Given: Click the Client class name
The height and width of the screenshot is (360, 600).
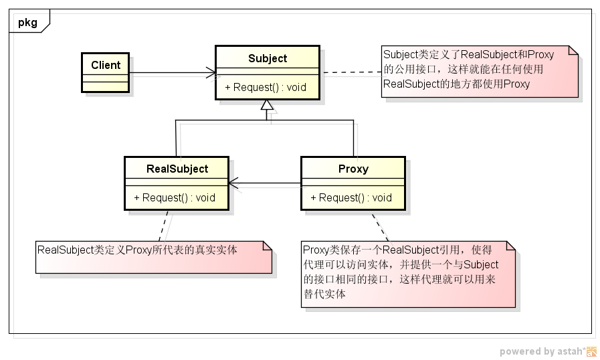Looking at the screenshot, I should click(106, 65).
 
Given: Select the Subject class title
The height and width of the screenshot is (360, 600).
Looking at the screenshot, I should click(268, 58).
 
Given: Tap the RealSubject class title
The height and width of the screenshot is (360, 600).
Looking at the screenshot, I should click(177, 169).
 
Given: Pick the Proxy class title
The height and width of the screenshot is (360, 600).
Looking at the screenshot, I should click(353, 169).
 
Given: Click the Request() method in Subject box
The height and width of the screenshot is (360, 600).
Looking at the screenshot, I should click(266, 87).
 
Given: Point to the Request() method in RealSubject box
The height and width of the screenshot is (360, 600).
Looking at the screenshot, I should click(175, 197).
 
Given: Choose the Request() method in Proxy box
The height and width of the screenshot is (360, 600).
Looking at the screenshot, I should click(351, 197).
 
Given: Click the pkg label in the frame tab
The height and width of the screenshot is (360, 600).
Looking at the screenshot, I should click(27, 22).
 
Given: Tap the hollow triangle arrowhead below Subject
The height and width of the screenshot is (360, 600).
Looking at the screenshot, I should click(268, 105).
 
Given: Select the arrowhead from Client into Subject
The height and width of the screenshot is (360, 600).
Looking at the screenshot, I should click(211, 72).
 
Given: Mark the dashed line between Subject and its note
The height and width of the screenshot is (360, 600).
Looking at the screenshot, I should click(351, 72).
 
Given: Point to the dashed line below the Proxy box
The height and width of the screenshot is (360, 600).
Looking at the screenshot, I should click(380, 226).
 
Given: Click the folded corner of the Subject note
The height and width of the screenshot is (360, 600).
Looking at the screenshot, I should click(573, 50).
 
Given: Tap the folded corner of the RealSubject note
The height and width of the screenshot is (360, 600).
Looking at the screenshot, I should click(266, 246).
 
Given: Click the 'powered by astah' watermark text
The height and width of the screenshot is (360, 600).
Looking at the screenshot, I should click(542, 351).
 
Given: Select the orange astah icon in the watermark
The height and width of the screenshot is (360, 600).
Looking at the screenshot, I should click(592, 351).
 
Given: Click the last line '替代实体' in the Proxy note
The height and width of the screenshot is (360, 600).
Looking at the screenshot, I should click(324, 294).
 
